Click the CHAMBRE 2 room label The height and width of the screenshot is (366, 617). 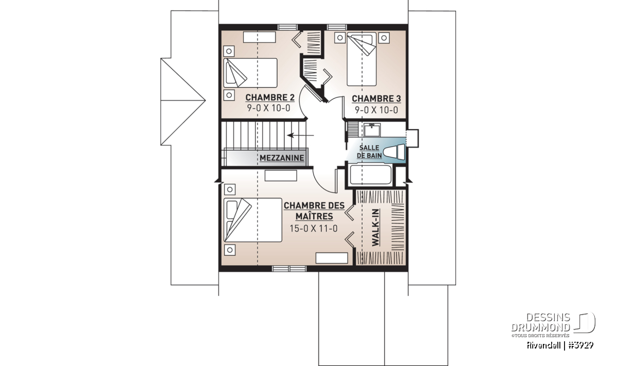[270, 98]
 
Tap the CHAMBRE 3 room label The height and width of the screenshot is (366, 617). [376, 99]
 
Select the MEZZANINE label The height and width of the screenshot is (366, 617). [282, 158]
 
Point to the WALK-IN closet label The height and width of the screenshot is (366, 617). [375, 228]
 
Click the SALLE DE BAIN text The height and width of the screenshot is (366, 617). [369, 152]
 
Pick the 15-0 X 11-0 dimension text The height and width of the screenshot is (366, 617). [314, 229]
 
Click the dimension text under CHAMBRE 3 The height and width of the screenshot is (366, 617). [376, 110]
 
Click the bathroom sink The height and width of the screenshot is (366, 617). [372, 130]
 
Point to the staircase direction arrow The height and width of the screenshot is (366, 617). [300, 135]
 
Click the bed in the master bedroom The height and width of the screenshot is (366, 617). [253, 220]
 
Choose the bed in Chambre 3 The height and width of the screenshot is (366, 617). [361, 59]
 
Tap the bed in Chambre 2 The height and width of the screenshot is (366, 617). [250, 73]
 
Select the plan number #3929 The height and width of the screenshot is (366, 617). [580, 345]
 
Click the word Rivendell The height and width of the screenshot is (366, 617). [543, 345]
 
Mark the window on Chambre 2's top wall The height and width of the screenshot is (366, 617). [287, 27]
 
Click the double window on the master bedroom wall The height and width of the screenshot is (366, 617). [289, 269]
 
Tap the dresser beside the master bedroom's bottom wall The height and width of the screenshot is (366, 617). [332, 258]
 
